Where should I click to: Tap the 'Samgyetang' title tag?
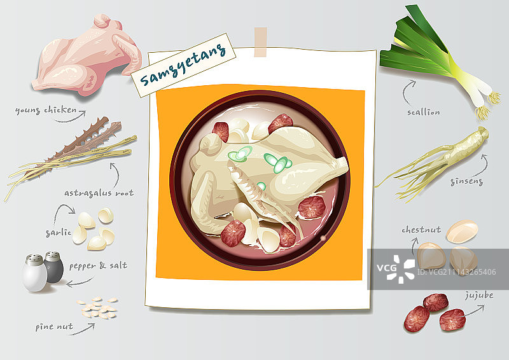183,66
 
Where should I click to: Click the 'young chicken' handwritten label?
46,111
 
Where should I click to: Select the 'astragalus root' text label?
99,193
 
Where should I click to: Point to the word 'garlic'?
58,232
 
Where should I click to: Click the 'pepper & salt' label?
98,265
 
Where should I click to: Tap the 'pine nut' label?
54,326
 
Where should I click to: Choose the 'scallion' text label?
424,113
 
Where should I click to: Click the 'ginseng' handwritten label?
467,182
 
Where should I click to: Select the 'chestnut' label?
421,230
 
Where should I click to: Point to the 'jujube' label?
479,295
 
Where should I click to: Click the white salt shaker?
34,273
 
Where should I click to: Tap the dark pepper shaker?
54,267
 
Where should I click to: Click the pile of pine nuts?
97,307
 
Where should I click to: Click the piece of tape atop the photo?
260,42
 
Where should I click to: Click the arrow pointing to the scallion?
408,92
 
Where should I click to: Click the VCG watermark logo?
396,269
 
